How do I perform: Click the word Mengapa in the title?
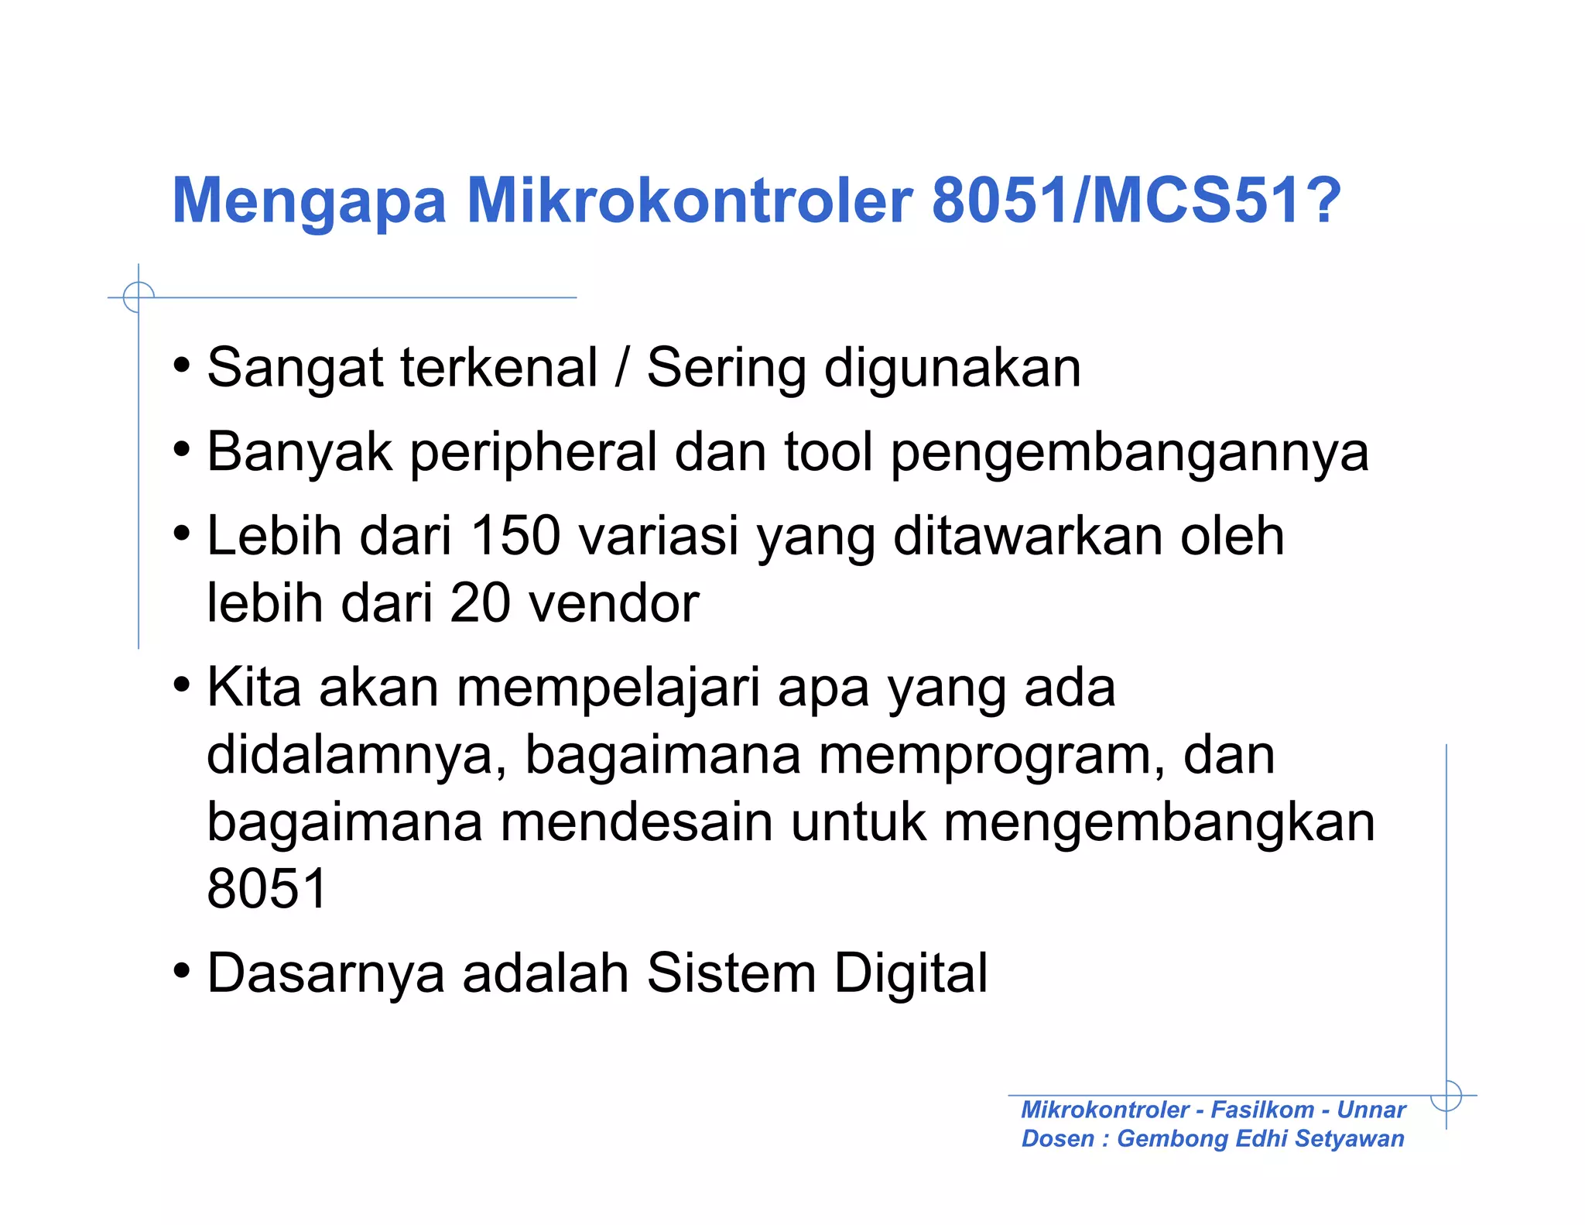pyautogui.click(x=309, y=201)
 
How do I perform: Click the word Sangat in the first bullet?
pyautogui.click(x=295, y=369)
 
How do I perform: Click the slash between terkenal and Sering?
pyautogui.click(x=621, y=367)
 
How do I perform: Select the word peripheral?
pyautogui.click(x=533, y=453)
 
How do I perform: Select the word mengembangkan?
pyautogui.click(x=1159, y=823)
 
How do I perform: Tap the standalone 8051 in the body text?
pyautogui.click(x=267, y=888)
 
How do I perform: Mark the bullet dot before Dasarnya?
pyautogui.click(x=182, y=971)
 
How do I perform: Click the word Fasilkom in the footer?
pyautogui.click(x=1261, y=1110)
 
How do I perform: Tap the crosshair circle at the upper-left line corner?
pyautogui.click(x=139, y=297)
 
